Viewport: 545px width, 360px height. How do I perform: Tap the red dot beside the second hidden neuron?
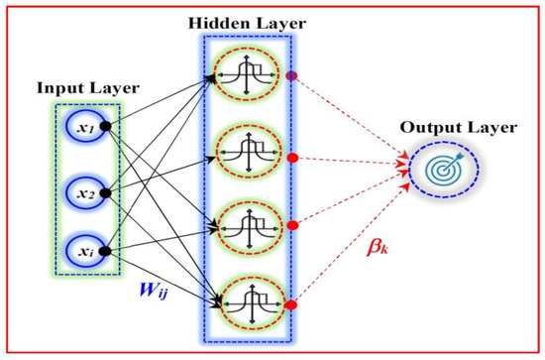tap(290, 158)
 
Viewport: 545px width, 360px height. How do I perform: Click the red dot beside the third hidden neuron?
tap(290, 225)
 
